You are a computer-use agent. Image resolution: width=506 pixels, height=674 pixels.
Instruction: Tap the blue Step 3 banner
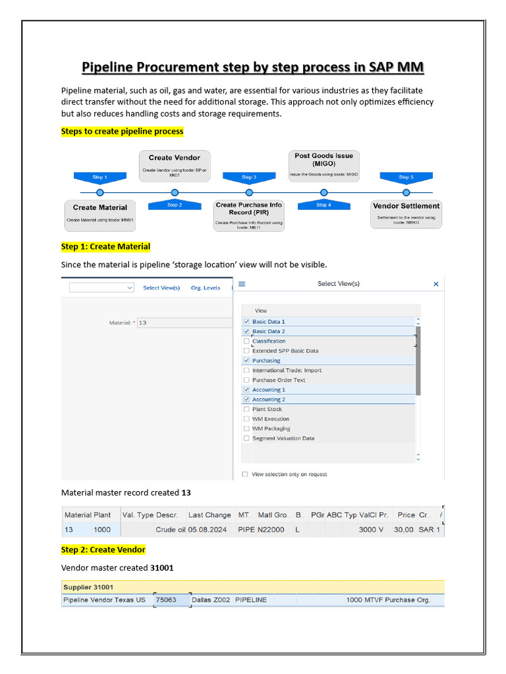click(x=248, y=177)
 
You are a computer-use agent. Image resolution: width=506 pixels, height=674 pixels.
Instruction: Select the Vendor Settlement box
click(x=406, y=213)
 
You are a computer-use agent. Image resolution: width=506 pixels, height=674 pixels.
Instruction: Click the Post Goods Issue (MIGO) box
click(x=323, y=165)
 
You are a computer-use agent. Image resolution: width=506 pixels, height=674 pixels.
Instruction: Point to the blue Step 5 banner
click(x=406, y=177)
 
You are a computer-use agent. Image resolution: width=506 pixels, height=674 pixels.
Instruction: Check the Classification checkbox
click(x=246, y=341)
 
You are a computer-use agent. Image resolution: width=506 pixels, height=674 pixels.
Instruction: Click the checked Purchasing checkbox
click(x=246, y=361)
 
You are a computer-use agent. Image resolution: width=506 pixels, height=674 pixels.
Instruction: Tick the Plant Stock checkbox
click(x=246, y=409)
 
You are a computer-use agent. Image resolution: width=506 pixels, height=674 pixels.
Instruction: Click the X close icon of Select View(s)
click(x=436, y=284)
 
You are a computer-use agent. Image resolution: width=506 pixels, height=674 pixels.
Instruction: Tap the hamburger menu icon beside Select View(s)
click(x=242, y=284)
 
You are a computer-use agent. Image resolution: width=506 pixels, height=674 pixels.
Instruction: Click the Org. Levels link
click(x=206, y=288)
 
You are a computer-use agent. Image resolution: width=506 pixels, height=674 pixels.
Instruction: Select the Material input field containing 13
click(x=184, y=323)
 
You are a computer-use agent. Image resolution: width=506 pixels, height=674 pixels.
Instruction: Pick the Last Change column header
click(x=210, y=515)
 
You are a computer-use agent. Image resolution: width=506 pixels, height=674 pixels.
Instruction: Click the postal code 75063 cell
click(x=166, y=600)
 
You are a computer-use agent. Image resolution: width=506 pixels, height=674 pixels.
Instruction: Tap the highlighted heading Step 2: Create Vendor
click(x=103, y=550)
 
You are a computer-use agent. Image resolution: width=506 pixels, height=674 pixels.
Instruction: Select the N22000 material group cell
click(x=271, y=529)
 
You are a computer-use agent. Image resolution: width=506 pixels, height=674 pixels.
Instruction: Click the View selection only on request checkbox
click(x=245, y=474)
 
